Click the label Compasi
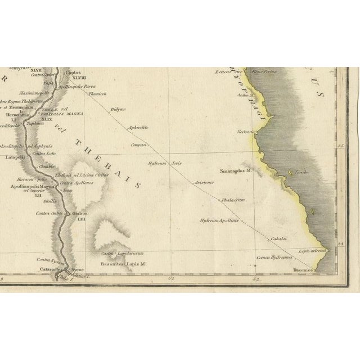point(138,145)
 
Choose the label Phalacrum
point(233,199)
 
